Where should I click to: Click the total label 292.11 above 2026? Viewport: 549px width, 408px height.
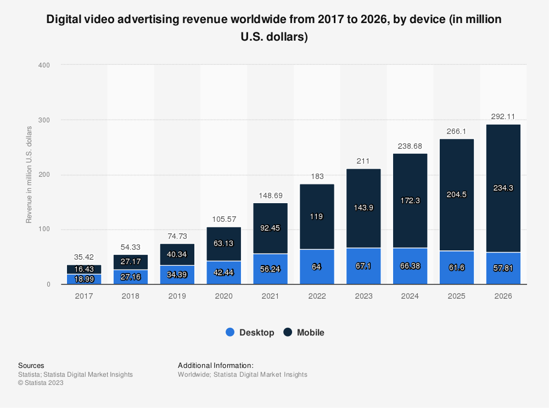click(x=503, y=116)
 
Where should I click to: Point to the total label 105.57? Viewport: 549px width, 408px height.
click(x=223, y=219)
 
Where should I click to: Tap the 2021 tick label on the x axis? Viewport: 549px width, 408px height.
click(x=270, y=296)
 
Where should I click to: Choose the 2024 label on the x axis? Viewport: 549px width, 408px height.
click(x=410, y=296)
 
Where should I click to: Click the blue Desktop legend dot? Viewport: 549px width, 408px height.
click(x=231, y=332)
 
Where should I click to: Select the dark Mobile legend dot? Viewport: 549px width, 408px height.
click(x=288, y=332)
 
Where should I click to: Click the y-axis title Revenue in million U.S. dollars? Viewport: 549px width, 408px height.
click(x=29, y=175)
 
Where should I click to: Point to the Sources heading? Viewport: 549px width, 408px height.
click(x=31, y=365)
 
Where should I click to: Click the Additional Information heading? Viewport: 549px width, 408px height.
click(x=215, y=365)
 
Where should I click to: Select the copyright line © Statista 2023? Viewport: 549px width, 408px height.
click(x=41, y=383)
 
